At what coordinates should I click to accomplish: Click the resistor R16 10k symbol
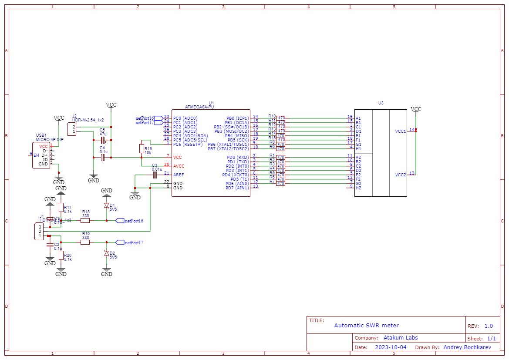[x=142, y=148]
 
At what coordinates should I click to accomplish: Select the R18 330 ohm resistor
[x=85, y=220]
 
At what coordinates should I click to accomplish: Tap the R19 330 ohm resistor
[x=85, y=242]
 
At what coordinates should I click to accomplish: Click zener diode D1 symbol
[x=107, y=205]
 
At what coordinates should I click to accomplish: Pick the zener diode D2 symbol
[x=107, y=253]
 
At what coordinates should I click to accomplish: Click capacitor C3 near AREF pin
[x=155, y=175]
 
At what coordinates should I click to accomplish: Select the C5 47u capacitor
[x=103, y=140]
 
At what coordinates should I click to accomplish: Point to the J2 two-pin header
[x=71, y=129]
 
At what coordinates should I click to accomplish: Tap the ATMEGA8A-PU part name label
[x=199, y=107]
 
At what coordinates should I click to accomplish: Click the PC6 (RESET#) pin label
[x=188, y=144]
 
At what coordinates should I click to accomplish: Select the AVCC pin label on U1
[x=179, y=166]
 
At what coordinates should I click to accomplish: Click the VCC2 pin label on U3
[x=400, y=175]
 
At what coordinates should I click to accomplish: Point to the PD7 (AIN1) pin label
[x=237, y=188]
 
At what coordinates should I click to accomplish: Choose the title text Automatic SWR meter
[x=366, y=325]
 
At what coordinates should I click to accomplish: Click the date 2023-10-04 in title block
[x=390, y=347]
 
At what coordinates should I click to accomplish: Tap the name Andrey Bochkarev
[x=467, y=347]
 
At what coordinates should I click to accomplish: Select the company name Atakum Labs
[x=400, y=337]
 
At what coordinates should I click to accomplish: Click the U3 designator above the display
[x=381, y=103]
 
